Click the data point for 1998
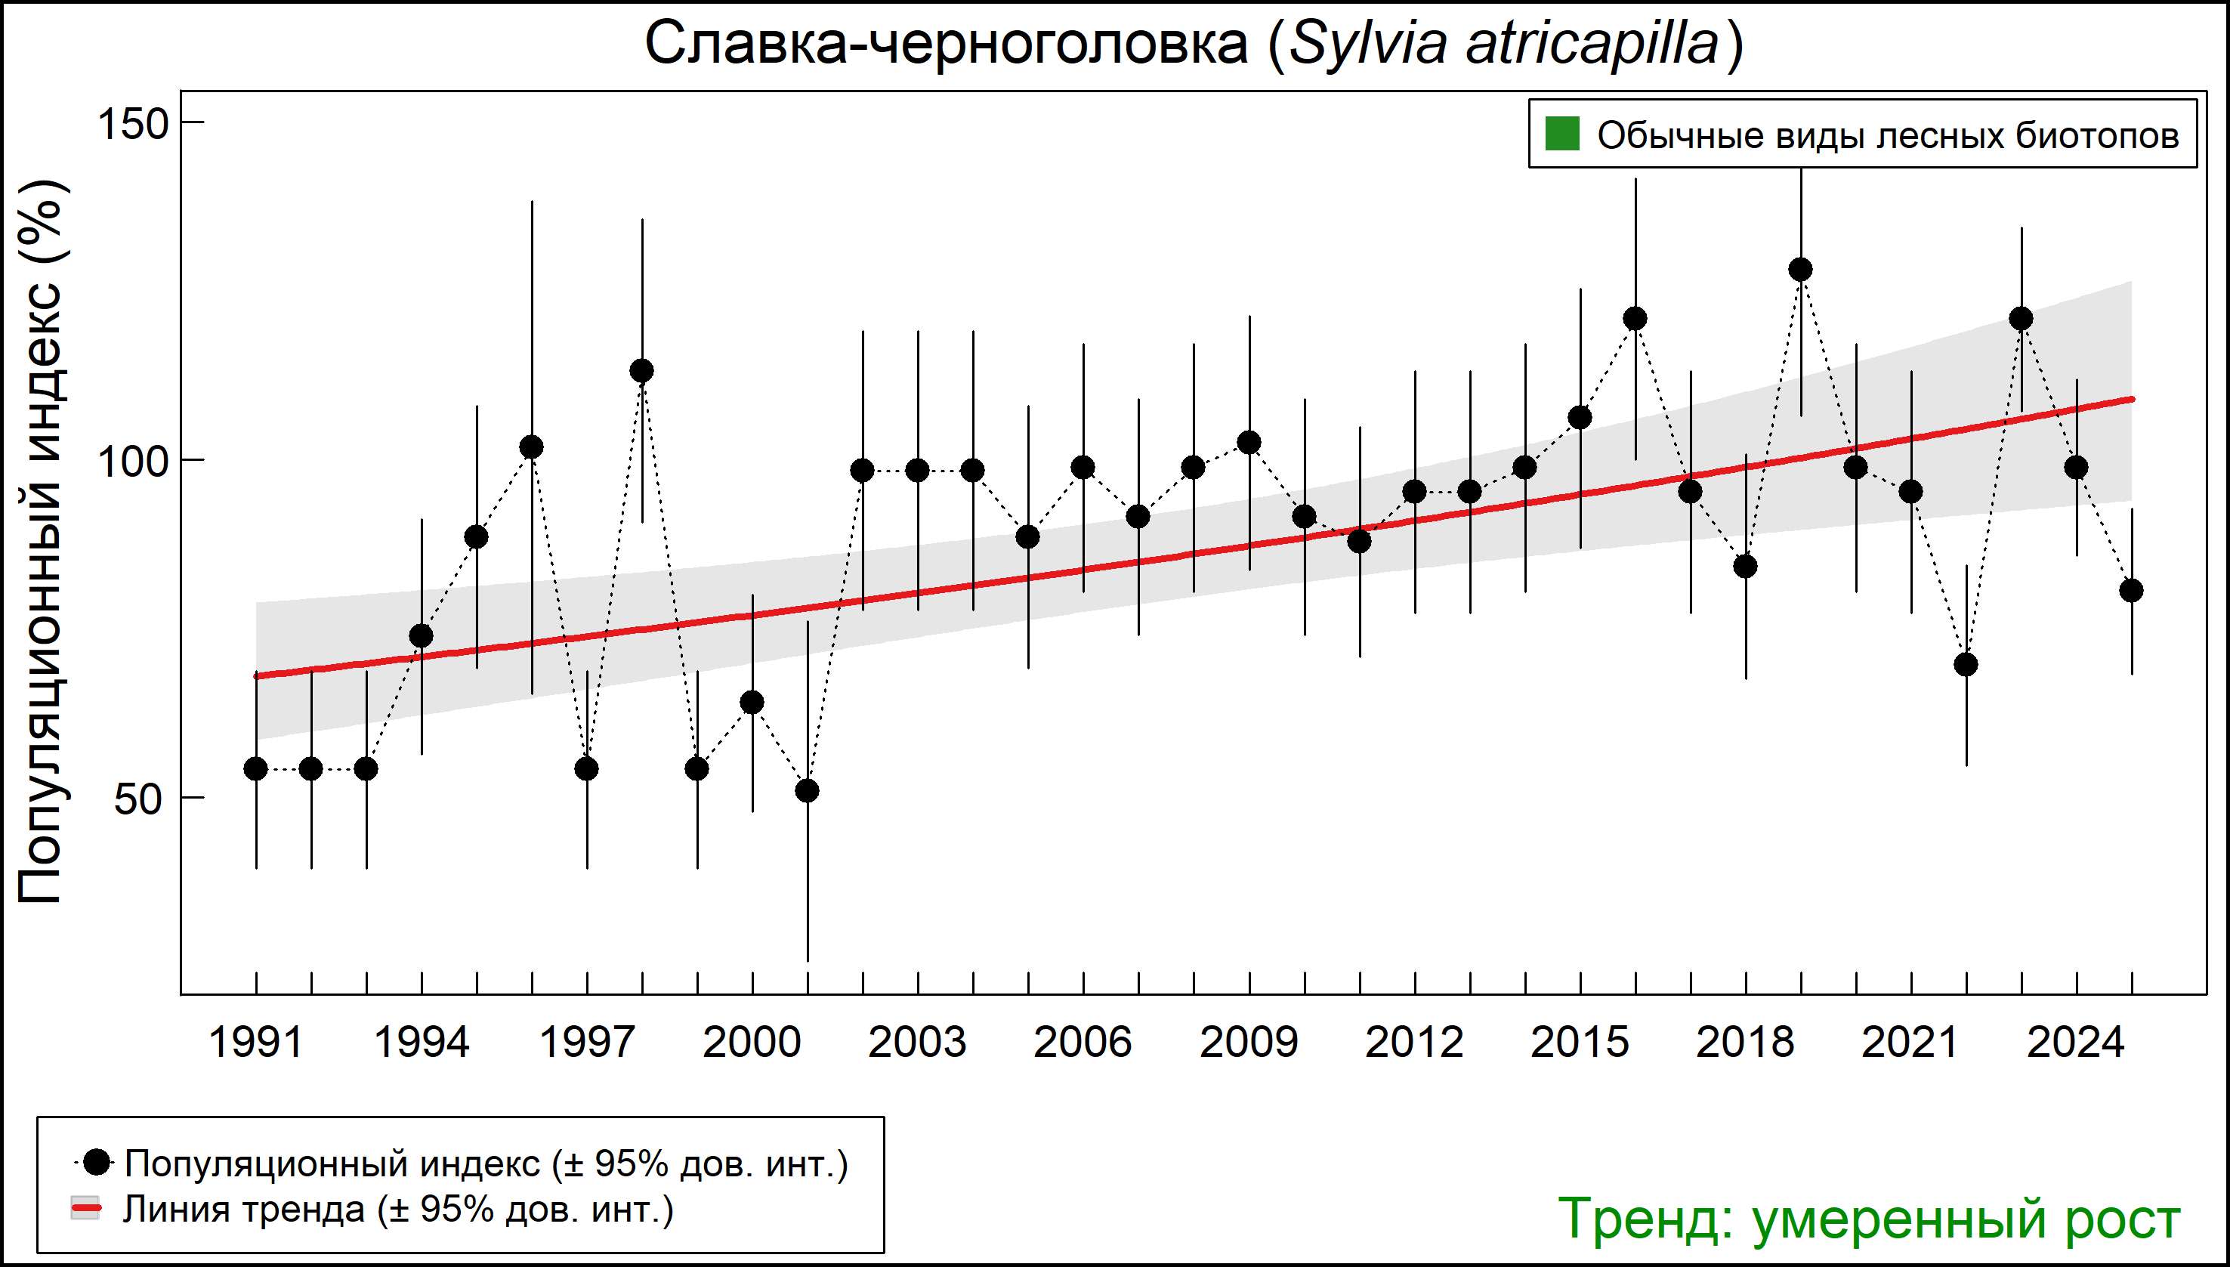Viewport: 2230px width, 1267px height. point(642,372)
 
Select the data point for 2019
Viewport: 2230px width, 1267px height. point(1800,270)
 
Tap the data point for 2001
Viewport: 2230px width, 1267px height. point(808,791)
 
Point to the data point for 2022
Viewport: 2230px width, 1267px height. point(1966,665)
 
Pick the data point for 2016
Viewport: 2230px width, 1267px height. point(1635,319)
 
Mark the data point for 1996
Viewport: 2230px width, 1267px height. point(532,447)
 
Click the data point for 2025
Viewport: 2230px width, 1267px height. point(2131,591)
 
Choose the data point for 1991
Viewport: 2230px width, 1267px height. point(256,769)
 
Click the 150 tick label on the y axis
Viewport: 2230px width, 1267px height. point(132,125)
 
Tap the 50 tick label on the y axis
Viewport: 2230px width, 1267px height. point(139,799)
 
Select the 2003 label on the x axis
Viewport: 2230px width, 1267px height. point(917,1043)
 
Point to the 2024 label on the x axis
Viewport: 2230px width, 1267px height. point(2076,1043)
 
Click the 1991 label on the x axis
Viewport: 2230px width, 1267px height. point(256,1043)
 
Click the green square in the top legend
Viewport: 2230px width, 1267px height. point(1561,135)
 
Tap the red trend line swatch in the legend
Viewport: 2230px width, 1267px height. point(85,1209)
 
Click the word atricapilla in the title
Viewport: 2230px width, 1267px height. point(1592,44)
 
